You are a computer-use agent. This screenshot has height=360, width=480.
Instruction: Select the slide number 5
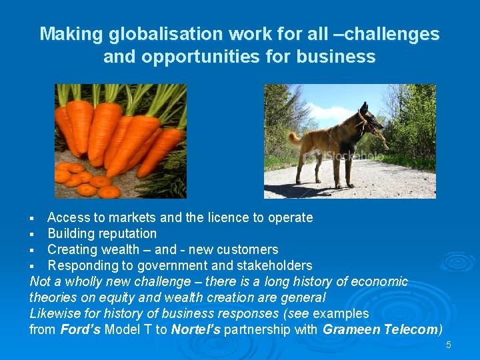click(449, 345)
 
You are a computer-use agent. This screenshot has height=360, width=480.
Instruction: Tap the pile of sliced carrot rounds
click(83, 179)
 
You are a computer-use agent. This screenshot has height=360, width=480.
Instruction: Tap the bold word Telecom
click(411, 329)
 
